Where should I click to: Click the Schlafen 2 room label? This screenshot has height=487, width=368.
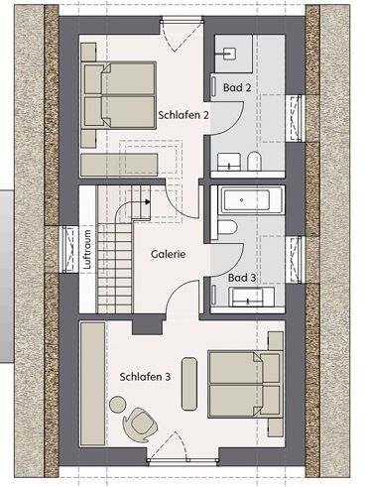(x=184, y=115)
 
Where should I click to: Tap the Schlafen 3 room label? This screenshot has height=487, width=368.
(x=145, y=377)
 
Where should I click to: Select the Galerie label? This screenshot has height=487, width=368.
(x=169, y=254)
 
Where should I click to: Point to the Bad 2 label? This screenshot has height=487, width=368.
(x=237, y=87)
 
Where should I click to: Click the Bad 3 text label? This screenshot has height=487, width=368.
(x=242, y=278)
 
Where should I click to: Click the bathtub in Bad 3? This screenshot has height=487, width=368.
(x=253, y=199)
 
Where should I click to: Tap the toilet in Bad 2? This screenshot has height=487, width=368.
(x=255, y=161)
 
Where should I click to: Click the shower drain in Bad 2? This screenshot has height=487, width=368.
(x=229, y=54)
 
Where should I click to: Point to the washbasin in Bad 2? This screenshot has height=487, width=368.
(x=229, y=162)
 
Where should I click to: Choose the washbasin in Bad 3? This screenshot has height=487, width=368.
(x=249, y=298)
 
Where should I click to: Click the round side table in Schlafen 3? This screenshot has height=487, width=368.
(x=118, y=404)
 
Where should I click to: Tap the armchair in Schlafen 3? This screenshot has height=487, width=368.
(x=140, y=425)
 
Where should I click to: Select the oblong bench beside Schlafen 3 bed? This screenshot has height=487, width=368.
(x=189, y=384)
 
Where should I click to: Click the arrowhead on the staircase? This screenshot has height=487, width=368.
(x=148, y=201)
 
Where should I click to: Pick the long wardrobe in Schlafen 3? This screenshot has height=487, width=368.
(x=92, y=384)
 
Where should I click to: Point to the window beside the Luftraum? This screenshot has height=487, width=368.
(x=69, y=250)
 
